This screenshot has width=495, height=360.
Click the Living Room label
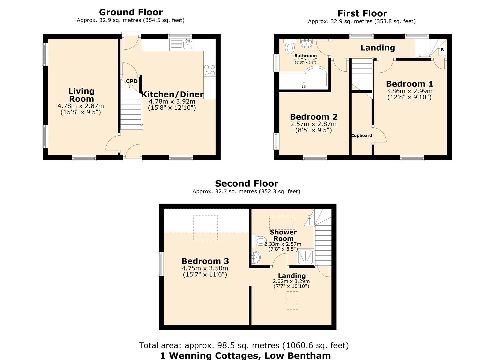[x=81, y=95]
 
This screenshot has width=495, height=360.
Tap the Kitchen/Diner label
[x=172, y=94]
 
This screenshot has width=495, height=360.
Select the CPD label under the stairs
[x=132, y=81]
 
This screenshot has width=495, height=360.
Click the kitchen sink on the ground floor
[x=188, y=44]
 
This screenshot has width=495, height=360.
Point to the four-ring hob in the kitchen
[x=210, y=70]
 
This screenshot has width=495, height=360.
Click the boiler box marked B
[x=442, y=50]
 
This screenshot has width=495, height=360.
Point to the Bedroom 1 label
[x=409, y=84]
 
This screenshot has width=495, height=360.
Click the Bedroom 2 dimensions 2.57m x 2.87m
[x=313, y=124]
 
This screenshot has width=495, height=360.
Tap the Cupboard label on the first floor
[x=362, y=135]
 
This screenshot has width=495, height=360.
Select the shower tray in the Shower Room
[x=305, y=257]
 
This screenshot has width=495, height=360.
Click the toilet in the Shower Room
[x=260, y=240]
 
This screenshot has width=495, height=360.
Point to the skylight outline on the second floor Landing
[x=292, y=301]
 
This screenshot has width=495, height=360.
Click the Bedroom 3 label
[x=205, y=261]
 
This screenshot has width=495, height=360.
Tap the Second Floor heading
[x=246, y=183]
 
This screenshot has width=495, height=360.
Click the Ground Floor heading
[x=131, y=12]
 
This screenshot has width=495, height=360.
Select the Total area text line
[x=244, y=345]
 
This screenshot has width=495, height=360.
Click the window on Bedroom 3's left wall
[x=161, y=264]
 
